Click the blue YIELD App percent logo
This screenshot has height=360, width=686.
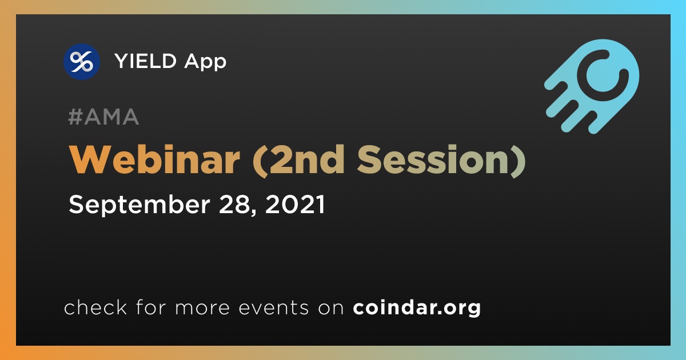click(x=82, y=62)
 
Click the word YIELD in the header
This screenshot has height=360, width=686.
click(x=145, y=61)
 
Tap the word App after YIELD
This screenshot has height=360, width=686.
click(x=205, y=62)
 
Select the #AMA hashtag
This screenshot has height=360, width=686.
click(x=103, y=117)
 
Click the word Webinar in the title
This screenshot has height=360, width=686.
click(x=154, y=160)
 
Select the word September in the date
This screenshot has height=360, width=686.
click(x=139, y=205)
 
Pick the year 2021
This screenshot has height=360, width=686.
click(x=295, y=205)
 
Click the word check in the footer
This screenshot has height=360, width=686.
click(x=95, y=307)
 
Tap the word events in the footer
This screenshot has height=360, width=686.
click(x=273, y=308)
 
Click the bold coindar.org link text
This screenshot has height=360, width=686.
click(x=417, y=309)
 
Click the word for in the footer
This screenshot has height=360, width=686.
click(x=151, y=307)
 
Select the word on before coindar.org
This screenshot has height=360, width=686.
click(x=331, y=309)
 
